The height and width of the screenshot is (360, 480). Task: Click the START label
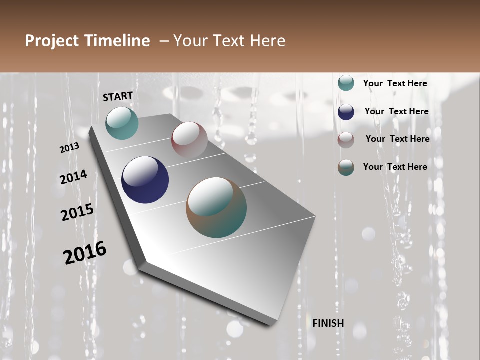click(x=118, y=96)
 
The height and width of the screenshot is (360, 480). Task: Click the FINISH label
click(x=328, y=323)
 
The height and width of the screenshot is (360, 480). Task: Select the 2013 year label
click(x=70, y=148)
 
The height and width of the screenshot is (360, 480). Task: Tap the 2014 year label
click(x=73, y=177)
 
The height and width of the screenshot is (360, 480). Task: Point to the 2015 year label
click(x=77, y=212)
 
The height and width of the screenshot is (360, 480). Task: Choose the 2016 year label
click(x=85, y=253)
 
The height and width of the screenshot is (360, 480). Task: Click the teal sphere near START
click(x=122, y=123)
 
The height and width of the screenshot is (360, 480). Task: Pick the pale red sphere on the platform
click(x=189, y=140)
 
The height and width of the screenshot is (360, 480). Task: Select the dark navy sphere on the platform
click(x=145, y=180)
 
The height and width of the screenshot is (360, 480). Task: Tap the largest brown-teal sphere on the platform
click(x=216, y=207)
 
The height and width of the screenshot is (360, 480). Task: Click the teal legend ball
click(x=346, y=83)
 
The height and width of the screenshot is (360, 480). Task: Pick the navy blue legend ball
click(x=346, y=112)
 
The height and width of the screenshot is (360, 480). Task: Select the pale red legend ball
click(x=346, y=140)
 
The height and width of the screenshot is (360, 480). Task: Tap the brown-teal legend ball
click(x=346, y=167)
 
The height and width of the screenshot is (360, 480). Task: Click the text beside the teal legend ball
click(x=395, y=83)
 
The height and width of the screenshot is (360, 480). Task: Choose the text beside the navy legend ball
click(x=396, y=111)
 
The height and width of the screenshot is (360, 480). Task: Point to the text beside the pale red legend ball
click(x=397, y=139)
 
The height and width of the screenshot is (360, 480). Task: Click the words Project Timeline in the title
click(x=87, y=41)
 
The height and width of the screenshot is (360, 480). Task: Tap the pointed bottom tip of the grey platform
click(x=272, y=324)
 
